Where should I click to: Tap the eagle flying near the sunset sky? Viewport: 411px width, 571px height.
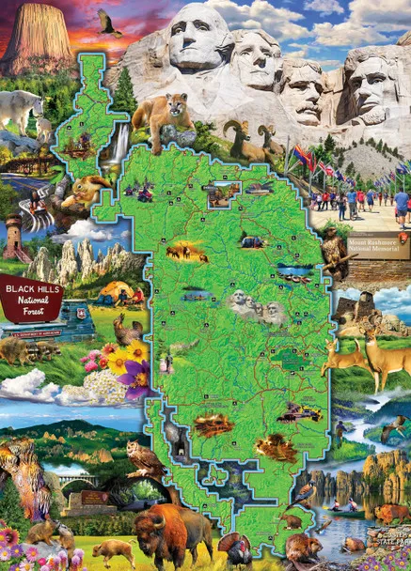110,23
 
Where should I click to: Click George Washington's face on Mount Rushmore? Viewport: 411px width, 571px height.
200,38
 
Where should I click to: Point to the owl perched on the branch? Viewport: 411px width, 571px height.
143,459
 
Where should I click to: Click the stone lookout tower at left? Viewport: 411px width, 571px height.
13,235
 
